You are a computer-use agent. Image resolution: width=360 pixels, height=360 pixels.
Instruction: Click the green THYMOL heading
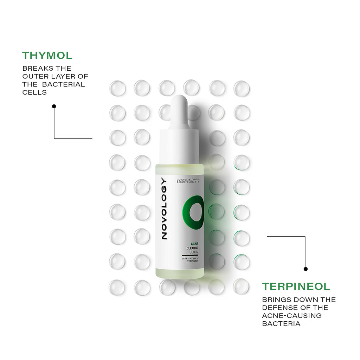(47, 56)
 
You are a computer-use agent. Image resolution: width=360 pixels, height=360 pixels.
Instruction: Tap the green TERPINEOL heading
(296, 287)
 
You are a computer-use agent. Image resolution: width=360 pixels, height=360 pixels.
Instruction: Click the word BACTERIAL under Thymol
(64, 84)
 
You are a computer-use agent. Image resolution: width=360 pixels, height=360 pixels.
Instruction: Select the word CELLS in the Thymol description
(34, 92)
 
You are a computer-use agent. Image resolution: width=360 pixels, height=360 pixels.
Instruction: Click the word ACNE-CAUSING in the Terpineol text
(292, 316)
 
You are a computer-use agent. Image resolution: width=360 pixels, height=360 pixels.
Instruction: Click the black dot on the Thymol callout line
(54, 106)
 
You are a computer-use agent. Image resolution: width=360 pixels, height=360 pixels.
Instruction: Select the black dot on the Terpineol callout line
(306, 269)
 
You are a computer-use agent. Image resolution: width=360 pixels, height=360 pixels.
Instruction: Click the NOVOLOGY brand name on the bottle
(164, 209)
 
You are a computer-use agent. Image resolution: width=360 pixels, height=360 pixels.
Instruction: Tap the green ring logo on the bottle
(193, 212)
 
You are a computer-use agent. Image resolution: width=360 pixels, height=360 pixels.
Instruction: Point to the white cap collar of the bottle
(179, 147)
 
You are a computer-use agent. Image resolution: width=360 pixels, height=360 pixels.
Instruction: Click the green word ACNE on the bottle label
(194, 244)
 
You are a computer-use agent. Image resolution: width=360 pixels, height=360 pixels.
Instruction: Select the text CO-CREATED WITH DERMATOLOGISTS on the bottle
(188, 181)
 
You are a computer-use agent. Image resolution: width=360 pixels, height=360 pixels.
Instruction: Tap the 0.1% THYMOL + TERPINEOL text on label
(190, 260)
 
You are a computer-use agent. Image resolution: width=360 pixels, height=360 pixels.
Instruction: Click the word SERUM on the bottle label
(194, 252)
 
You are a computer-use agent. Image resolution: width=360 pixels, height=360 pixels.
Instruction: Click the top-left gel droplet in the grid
(117, 88)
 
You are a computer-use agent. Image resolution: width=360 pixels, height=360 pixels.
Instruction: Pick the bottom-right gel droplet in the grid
(241, 287)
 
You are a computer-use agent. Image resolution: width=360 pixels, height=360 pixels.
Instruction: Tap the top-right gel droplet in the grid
(242, 89)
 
